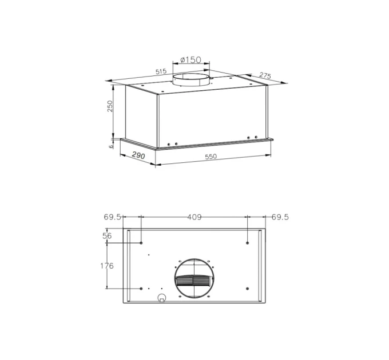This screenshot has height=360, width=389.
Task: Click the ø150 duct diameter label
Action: point(190,59)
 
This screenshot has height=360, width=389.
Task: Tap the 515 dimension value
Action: point(161,71)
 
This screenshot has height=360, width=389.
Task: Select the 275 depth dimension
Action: point(265,75)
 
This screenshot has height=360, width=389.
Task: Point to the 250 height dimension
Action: point(110,106)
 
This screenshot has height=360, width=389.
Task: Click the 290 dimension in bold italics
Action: point(138,155)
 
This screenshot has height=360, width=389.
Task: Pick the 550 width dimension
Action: point(211,157)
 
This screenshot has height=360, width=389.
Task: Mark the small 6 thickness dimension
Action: point(111,146)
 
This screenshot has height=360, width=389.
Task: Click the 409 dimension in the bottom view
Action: point(194,217)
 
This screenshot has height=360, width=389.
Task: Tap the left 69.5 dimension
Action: point(112,217)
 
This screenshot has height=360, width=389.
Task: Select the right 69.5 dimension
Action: point(280,217)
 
